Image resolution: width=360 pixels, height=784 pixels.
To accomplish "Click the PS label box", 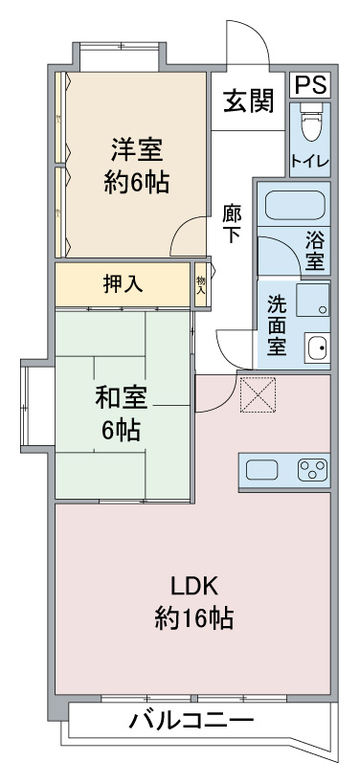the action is point(310,85).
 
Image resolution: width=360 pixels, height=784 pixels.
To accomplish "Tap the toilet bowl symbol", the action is point(310,123).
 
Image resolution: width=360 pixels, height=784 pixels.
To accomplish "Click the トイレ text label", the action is point(310,162).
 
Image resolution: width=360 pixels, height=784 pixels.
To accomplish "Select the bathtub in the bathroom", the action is point(295,205).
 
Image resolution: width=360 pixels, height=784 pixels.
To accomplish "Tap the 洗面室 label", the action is point(277,325).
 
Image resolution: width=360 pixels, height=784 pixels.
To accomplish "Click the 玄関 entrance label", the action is point(249,101).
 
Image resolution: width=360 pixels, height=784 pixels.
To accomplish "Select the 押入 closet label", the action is point(123,284).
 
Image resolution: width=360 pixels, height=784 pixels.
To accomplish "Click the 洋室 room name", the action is point(137,149).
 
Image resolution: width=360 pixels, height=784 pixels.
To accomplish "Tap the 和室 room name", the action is point(122,398).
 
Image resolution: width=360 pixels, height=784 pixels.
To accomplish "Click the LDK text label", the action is point(194,587).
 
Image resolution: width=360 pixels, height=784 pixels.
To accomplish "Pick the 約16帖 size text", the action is point(194,619).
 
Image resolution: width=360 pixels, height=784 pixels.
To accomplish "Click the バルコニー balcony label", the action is point(192,722).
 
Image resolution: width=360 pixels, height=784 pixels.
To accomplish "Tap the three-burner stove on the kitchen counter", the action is point(313,470).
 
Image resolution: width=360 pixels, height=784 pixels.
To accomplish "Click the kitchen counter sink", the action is point(262,470).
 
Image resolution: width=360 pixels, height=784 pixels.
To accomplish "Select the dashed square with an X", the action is point(258,395).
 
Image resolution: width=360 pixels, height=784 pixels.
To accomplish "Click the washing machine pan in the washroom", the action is point(312,300).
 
